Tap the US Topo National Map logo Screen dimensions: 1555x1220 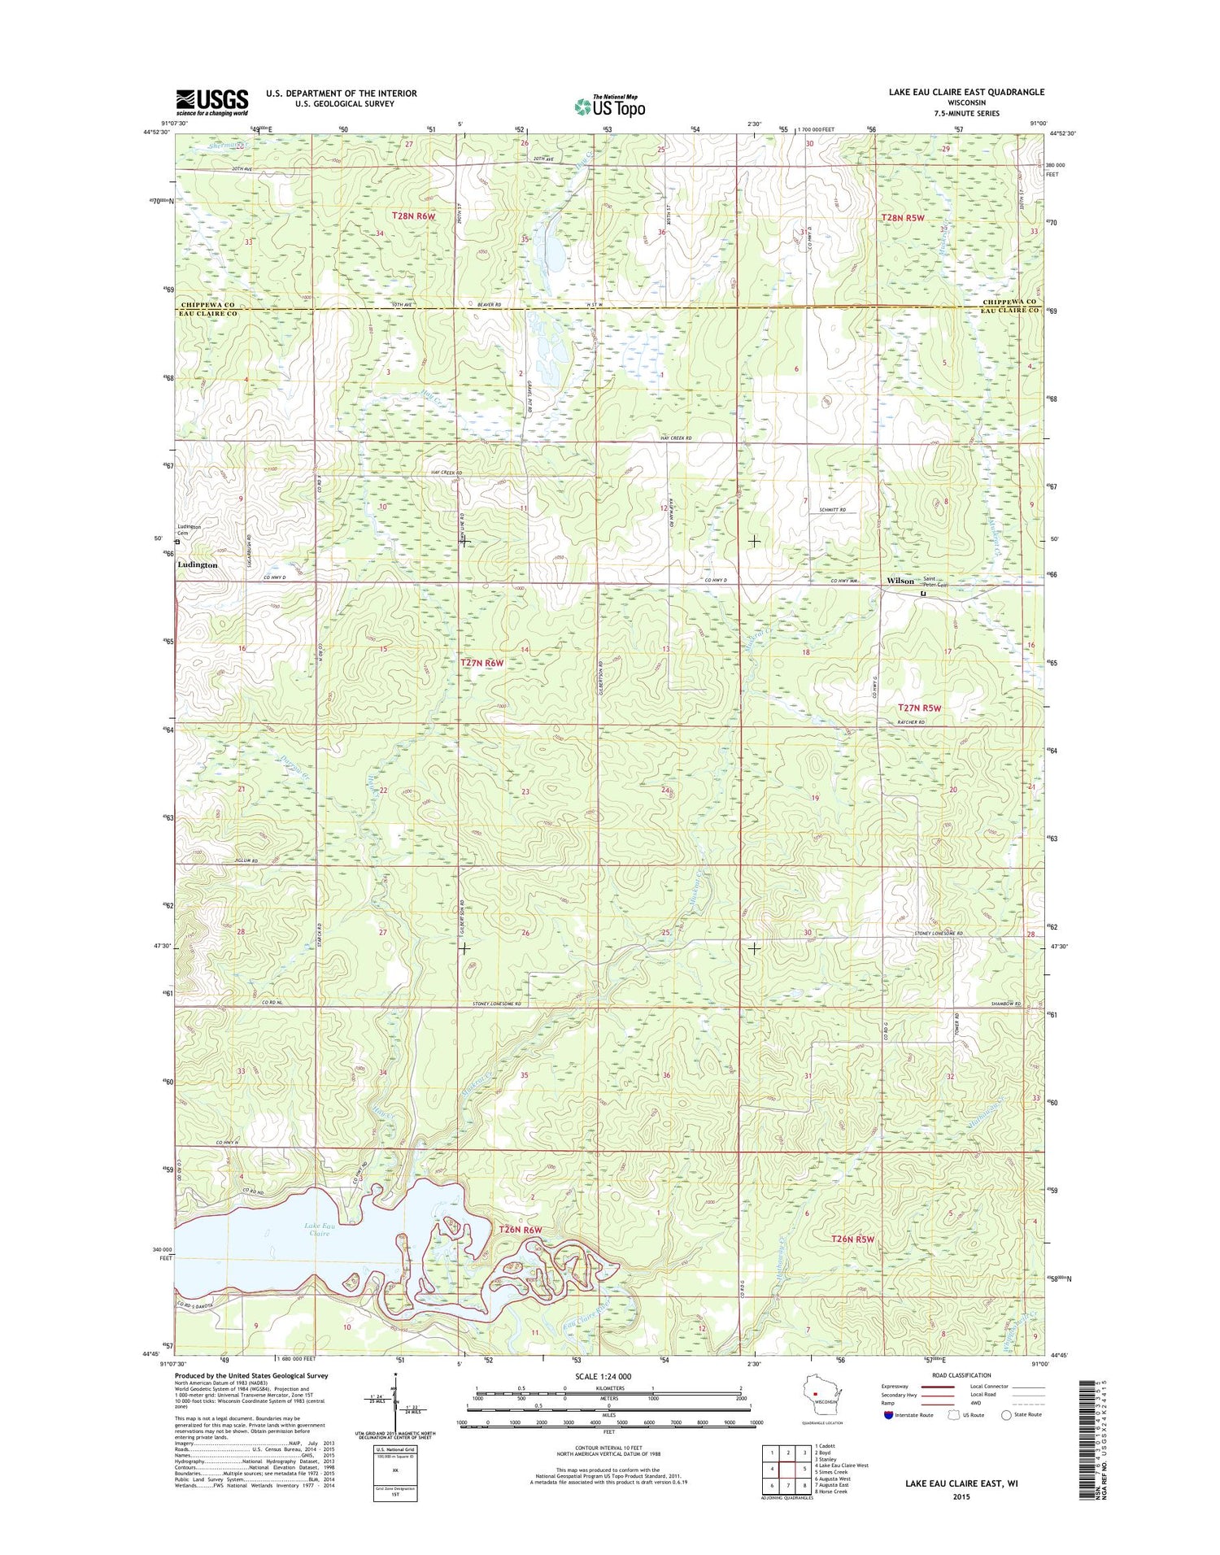click(610, 106)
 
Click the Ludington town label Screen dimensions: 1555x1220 click(198, 564)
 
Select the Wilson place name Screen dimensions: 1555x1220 click(900, 581)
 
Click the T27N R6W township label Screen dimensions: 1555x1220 click(482, 663)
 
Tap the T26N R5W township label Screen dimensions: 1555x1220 click(852, 1239)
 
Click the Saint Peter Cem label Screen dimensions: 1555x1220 click(935, 582)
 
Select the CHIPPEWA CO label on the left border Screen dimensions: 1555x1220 click(207, 304)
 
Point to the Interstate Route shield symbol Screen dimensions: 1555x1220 click(887, 1415)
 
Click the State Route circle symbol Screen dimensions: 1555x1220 click(1006, 1415)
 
